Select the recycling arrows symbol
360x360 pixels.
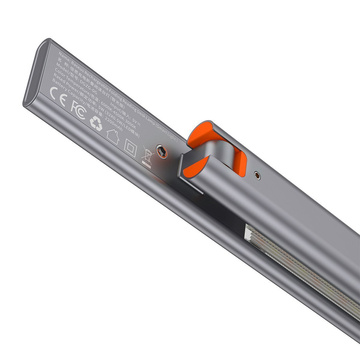tap(97, 123)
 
